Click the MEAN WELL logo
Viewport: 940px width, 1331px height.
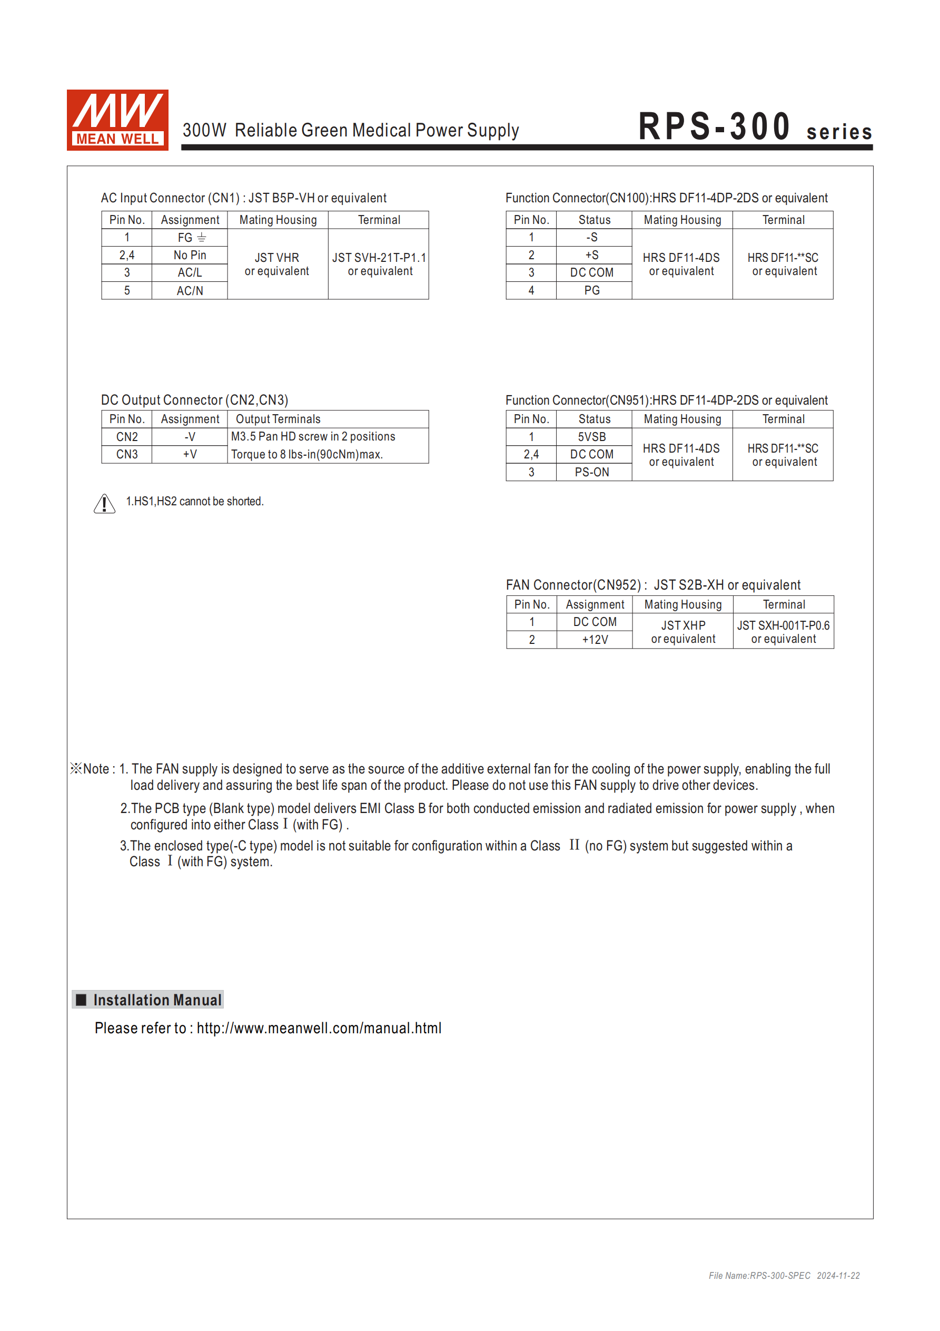point(117,120)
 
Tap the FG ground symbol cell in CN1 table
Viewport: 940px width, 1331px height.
point(190,238)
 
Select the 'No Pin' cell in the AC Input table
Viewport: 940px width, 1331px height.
point(190,255)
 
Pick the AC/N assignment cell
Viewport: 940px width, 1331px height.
point(190,290)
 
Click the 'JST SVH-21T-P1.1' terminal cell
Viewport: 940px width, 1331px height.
point(379,264)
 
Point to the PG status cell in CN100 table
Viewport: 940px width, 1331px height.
point(592,290)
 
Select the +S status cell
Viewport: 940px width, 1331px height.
point(592,255)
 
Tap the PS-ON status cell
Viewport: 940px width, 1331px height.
point(592,472)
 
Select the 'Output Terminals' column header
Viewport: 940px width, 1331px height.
point(278,419)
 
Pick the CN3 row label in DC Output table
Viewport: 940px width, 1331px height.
point(127,455)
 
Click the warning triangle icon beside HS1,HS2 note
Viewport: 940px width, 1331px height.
point(104,504)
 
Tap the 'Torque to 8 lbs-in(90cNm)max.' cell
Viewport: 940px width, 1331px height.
point(307,455)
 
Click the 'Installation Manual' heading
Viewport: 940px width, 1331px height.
point(157,1000)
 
